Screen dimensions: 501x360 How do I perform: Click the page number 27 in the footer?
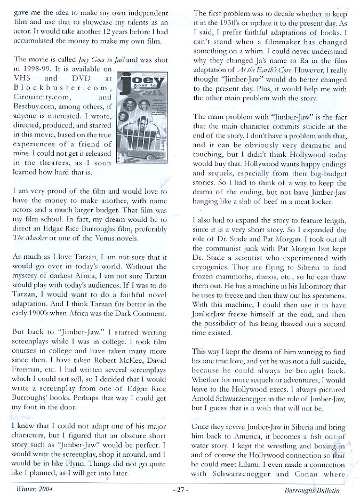(181, 488)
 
